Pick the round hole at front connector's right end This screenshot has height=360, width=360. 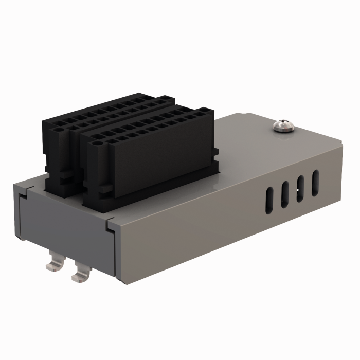point(205,111)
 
